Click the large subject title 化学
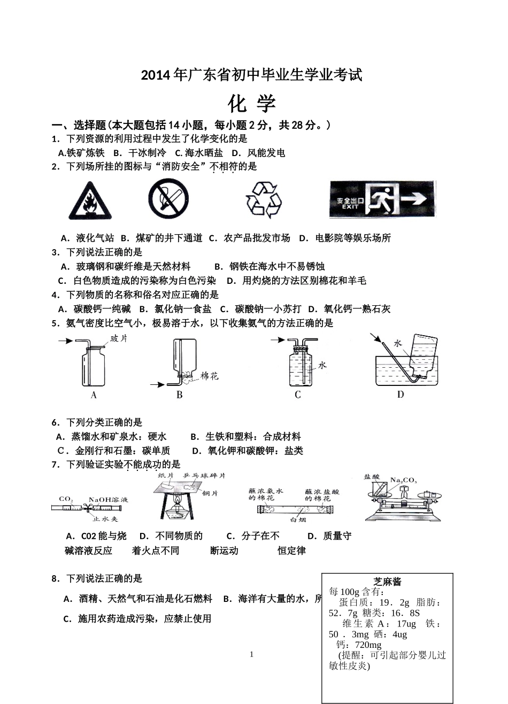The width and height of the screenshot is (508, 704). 251,103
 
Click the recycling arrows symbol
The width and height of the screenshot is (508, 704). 263,199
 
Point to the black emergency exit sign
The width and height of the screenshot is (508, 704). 382,199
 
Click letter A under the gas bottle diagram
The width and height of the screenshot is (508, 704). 94,396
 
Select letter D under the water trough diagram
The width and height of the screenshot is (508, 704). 400,394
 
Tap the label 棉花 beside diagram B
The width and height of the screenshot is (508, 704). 210,376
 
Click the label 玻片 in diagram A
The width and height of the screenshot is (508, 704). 119,338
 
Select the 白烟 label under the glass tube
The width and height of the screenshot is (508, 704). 297,519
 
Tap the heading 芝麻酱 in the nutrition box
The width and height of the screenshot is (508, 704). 388,582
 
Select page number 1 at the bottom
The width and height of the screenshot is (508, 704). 252,654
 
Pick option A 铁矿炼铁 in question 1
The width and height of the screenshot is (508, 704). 81,153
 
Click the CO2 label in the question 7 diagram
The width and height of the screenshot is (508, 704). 66,499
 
